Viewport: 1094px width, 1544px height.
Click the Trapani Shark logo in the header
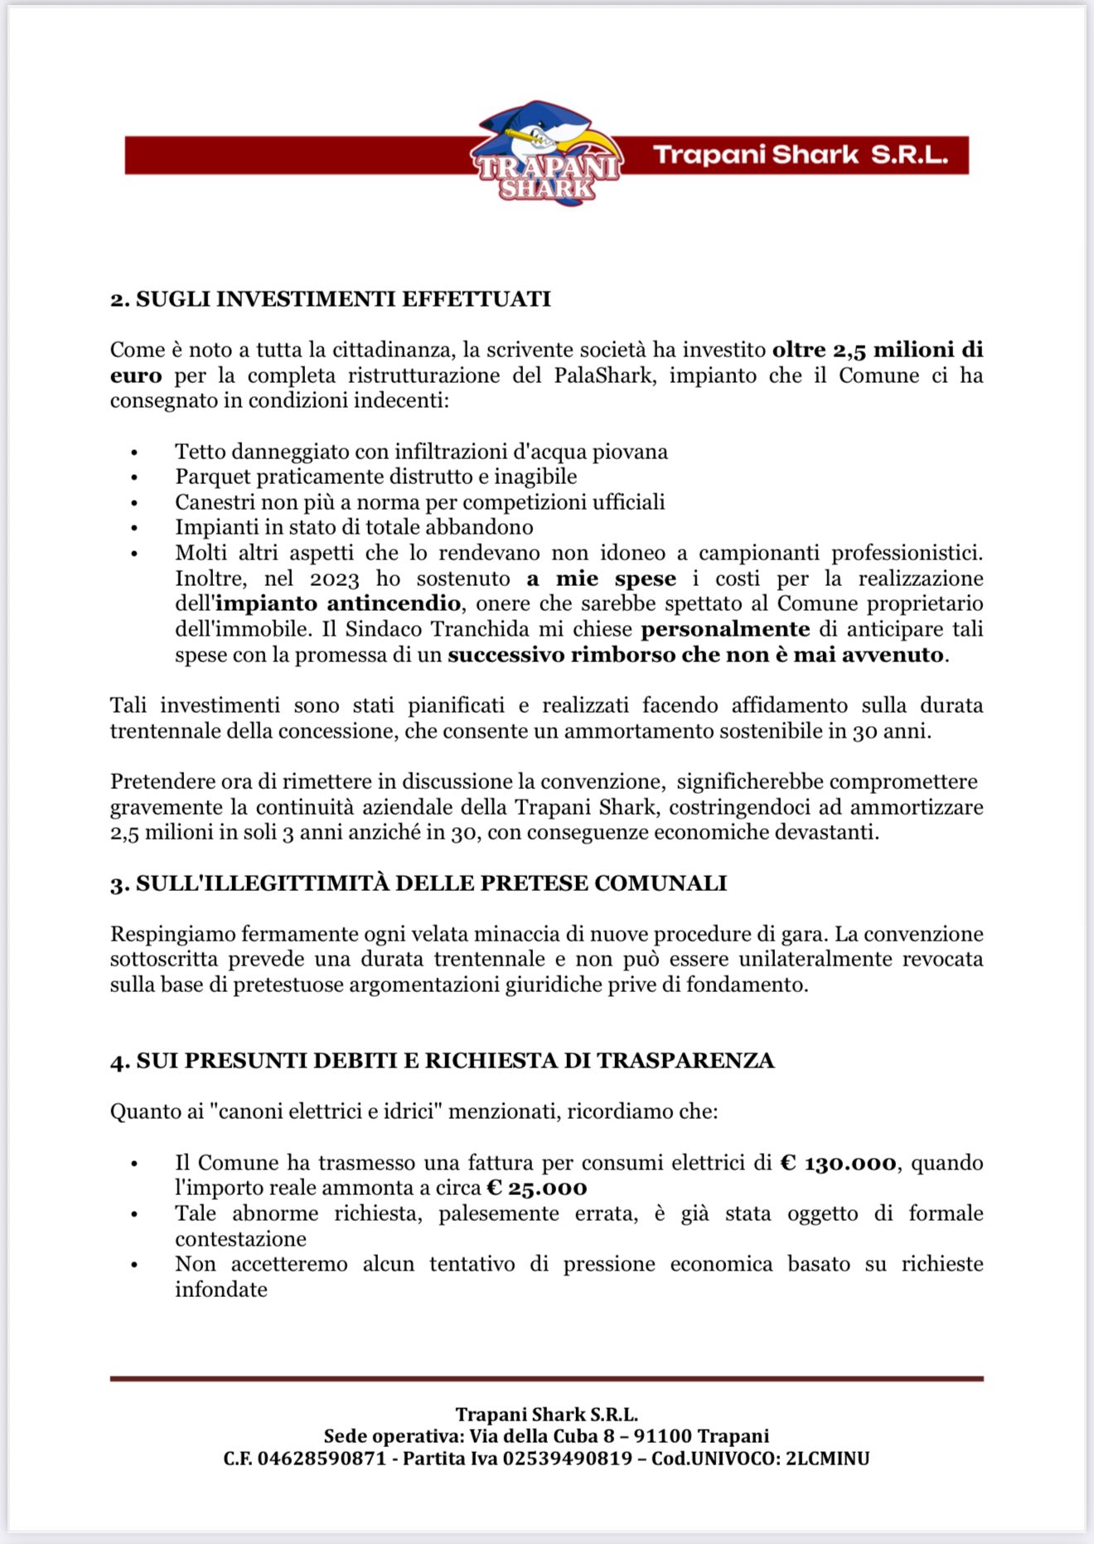pos(546,155)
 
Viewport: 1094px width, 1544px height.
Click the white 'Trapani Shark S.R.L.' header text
pos(800,155)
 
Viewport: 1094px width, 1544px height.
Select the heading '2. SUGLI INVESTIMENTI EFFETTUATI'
pos(331,299)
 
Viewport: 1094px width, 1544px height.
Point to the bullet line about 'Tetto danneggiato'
pos(421,452)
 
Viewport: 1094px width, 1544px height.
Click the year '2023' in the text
pos(334,578)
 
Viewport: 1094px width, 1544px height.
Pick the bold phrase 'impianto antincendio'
pos(338,603)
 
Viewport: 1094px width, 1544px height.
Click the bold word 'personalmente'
pos(725,629)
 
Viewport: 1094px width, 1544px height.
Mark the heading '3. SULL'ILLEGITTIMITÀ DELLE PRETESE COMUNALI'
pos(419,883)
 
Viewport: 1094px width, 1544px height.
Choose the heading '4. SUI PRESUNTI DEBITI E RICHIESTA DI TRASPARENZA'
pos(443,1061)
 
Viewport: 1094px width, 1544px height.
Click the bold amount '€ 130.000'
pos(838,1163)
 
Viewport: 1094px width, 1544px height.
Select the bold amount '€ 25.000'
pos(536,1188)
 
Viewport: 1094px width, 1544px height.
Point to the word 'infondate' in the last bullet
pos(221,1290)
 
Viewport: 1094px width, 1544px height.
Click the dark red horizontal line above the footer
pos(546,1379)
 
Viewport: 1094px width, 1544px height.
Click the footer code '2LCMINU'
pos(828,1459)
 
